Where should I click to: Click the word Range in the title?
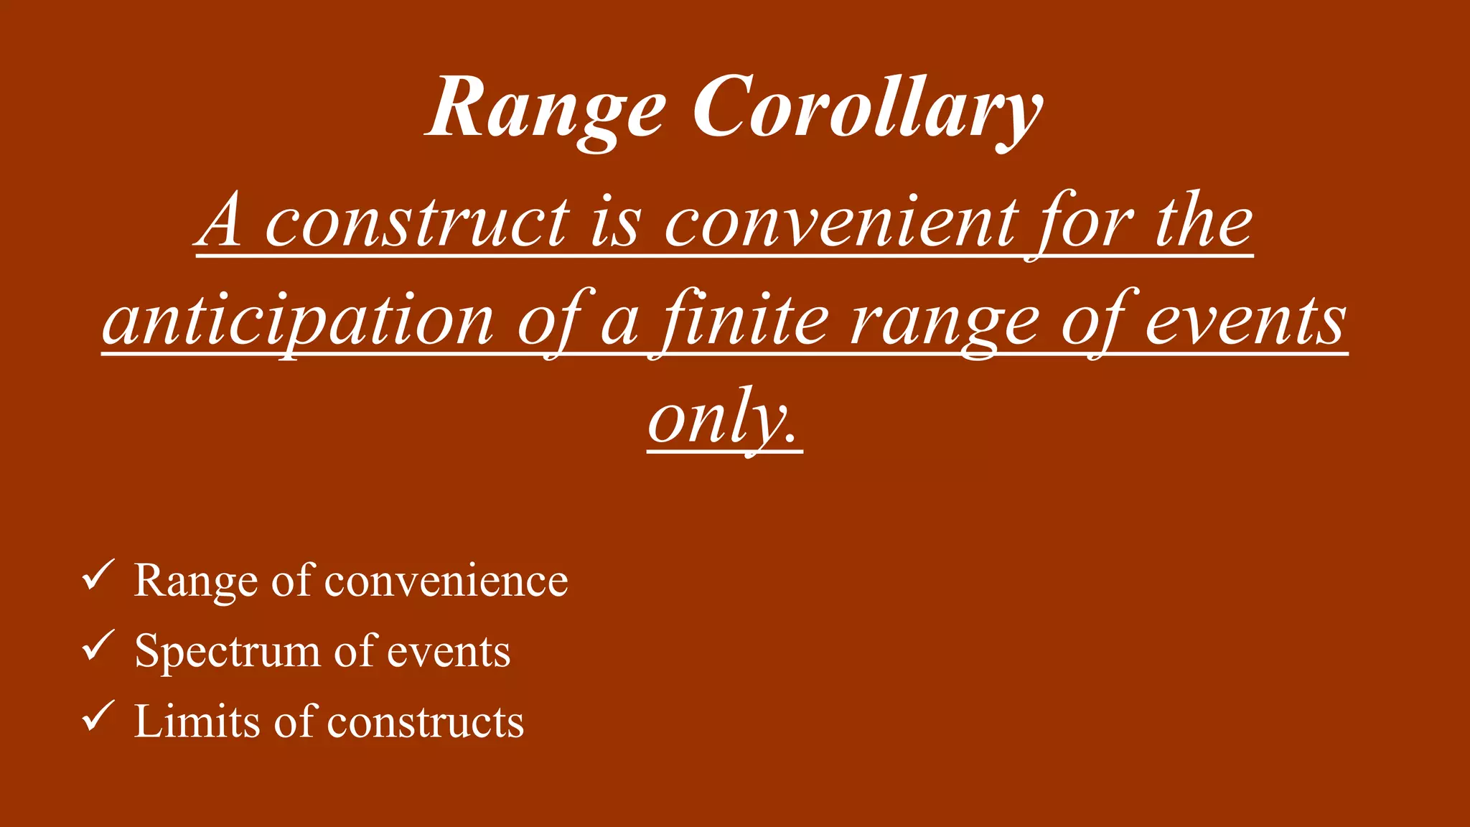(546, 109)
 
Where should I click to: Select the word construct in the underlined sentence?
(417, 223)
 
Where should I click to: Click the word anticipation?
(298, 321)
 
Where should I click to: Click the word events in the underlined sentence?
(1245, 321)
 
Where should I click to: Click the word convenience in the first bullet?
(446, 580)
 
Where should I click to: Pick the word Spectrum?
(227, 652)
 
